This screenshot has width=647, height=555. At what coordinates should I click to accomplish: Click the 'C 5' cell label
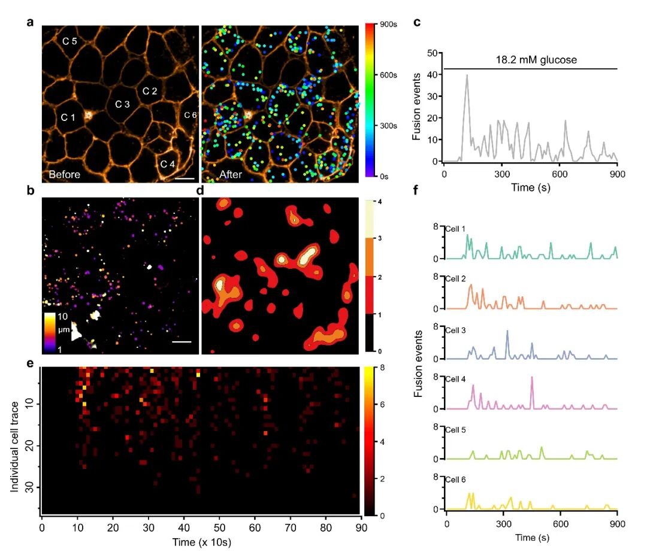coord(70,41)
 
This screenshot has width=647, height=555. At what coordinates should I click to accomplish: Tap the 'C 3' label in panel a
coord(122,104)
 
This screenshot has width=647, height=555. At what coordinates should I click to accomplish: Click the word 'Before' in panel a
coord(65,175)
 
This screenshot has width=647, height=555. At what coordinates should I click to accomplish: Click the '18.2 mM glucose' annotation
coord(530,60)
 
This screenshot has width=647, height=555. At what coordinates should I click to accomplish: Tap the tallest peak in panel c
coord(467,75)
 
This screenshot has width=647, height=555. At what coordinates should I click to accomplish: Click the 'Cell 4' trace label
coord(456,378)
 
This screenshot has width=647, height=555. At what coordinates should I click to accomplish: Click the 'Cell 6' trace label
coord(456,480)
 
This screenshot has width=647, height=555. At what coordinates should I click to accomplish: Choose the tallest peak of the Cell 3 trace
coord(507,331)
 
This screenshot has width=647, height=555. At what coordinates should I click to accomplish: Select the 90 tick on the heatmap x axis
coord(358,527)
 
